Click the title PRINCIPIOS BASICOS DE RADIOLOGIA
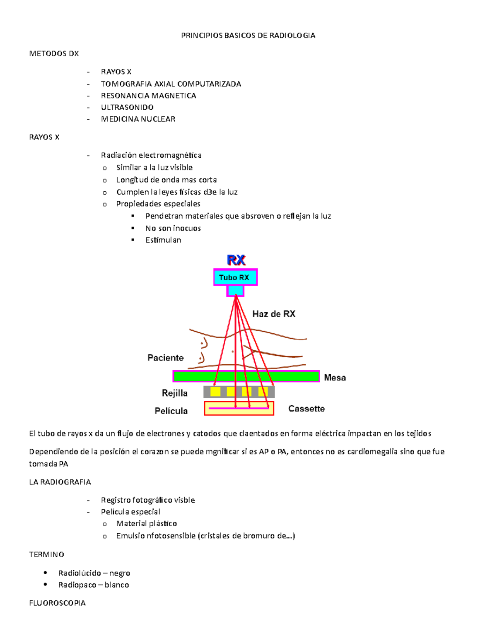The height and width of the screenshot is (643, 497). coord(248,36)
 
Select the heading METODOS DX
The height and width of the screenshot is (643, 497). coord(54,53)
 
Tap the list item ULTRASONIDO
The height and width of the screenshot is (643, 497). coord(127,107)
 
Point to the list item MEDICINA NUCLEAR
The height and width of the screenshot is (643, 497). coord(138,119)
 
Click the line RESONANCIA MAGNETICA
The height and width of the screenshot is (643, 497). coord(148,96)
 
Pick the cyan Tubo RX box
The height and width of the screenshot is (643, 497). coord(235,277)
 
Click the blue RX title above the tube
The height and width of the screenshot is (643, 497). coord(236,260)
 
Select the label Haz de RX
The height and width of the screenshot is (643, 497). coord(274,314)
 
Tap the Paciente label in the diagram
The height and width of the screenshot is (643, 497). coord(165,358)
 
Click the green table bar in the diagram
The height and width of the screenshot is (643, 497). coord(246,376)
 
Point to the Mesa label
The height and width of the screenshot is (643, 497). coord(335,378)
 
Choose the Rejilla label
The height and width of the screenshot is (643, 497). coord(174,393)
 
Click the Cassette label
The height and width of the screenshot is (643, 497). coord(306,409)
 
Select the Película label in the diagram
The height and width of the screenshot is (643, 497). coord(171,411)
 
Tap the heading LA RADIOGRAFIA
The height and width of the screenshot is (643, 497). coord(60,482)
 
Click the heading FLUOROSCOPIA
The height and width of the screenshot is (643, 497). coord(57,603)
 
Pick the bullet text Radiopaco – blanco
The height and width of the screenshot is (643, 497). coord(94,585)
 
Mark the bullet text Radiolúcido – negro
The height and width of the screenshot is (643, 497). coord(94,573)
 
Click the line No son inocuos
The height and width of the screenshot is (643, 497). coord(173,228)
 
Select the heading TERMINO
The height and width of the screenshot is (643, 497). coord(46,554)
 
